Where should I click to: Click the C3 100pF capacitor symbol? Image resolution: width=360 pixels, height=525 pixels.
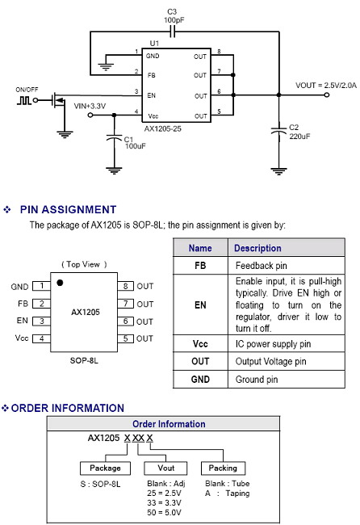tap(172, 32)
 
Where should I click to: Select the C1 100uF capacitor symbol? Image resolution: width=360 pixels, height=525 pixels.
tap(114, 137)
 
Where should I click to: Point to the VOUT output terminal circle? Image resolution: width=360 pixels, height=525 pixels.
tap(327, 94)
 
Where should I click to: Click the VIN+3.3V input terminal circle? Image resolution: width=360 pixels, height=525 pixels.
tap(90, 115)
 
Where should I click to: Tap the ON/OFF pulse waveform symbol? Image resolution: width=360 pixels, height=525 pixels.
tap(24, 100)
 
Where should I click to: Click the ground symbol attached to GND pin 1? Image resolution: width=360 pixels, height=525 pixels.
tap(106, 67)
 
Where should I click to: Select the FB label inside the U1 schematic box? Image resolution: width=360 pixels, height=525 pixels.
tap(152, 76)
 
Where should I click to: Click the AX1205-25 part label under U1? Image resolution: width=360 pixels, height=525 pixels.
tap(162, 129)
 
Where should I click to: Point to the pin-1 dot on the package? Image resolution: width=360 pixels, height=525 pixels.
tap(60, 283)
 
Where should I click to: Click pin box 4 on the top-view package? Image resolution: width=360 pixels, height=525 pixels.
tap(41, 338)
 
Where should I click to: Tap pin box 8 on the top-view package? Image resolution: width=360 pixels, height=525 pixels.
tap(125, 286)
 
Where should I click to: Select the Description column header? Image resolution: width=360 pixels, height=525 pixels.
tap(257, 248)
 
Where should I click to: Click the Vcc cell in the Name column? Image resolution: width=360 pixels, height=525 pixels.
tap(200, 344)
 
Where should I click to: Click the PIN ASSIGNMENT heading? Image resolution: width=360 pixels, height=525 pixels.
tap(68, 210)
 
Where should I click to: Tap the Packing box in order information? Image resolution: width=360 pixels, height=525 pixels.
tap(223, 468)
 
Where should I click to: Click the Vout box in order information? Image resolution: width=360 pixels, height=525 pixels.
tap(165, 468)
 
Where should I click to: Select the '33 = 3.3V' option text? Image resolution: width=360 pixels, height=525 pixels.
tap(164, 502)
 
